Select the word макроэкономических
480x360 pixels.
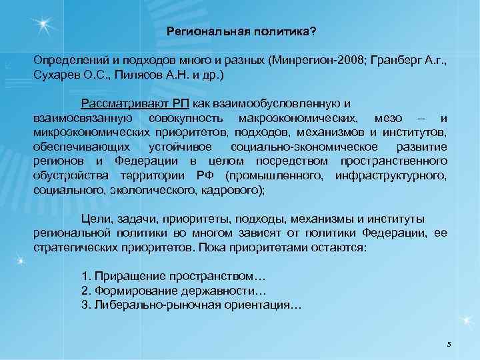pyautogui.click(x=299, y=118)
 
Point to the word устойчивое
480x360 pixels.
pyautogui.click(x=178, y=146)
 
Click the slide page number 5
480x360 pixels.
pyautogui.click(x=449, y=344)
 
